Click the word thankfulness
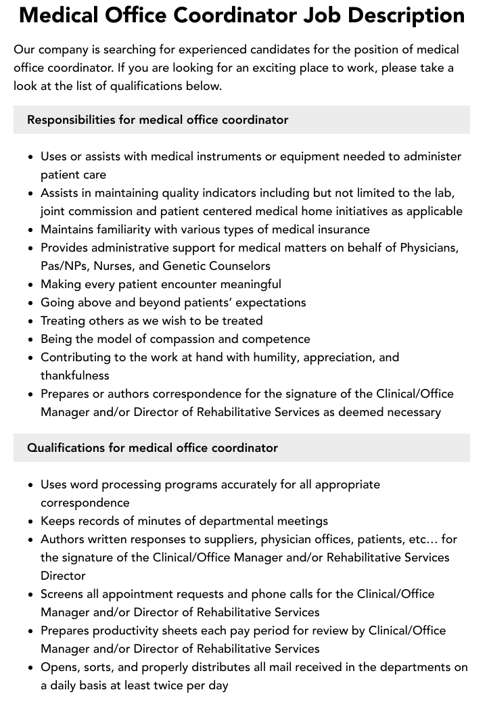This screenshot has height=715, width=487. click(74, 375)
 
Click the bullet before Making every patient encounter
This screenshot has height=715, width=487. click(31, 285)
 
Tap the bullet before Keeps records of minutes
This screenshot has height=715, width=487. click(31, 522)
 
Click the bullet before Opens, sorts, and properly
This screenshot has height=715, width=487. click(31, 668)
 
